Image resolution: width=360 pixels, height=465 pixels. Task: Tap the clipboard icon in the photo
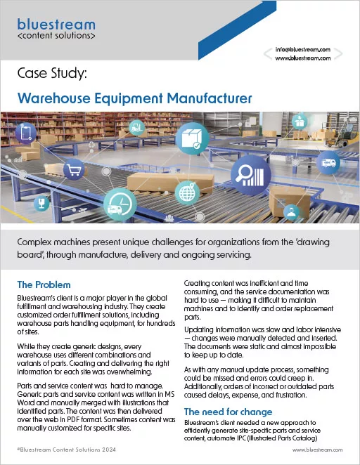26,132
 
